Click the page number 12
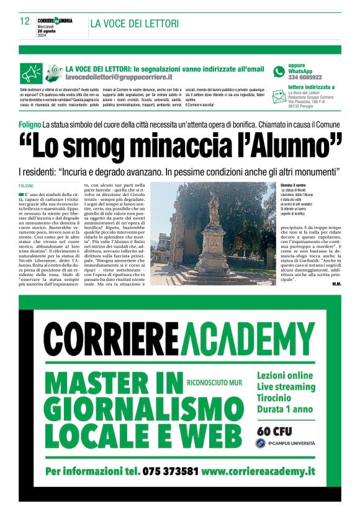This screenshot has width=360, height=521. click(25, 21)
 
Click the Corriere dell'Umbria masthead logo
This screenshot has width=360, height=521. click(55, 20)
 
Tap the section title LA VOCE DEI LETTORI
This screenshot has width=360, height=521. click(134, 24)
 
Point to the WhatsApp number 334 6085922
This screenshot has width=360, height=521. click(305, 78)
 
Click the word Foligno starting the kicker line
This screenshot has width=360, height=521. click(30, 125)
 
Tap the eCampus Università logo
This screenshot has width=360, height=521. click(285, 443)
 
